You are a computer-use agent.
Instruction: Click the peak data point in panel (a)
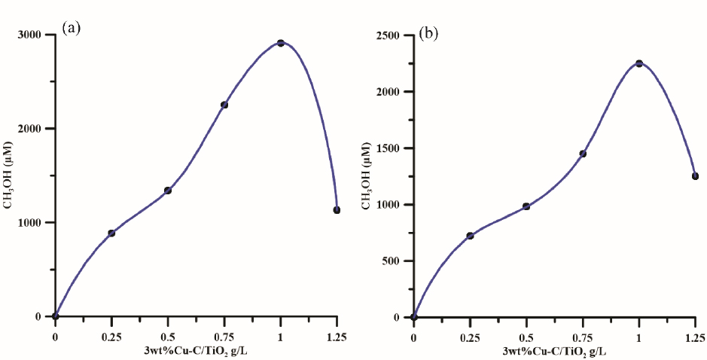pos(281,43)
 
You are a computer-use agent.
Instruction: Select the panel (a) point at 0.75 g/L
pos(224,105)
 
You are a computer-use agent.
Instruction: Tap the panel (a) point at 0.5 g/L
pos(168,191)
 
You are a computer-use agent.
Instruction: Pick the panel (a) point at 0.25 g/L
pos(111,233)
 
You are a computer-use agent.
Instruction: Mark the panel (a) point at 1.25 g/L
pos(337,210)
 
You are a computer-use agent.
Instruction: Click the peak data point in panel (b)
pos(639,63)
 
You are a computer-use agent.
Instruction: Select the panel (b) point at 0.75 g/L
pos(583,154)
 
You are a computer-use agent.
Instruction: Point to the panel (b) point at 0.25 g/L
pos(470,236)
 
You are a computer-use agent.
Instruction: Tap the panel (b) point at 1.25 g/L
pos(695,176)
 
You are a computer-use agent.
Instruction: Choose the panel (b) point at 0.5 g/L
pos(526,206)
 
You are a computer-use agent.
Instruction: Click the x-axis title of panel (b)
pos(553,352)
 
